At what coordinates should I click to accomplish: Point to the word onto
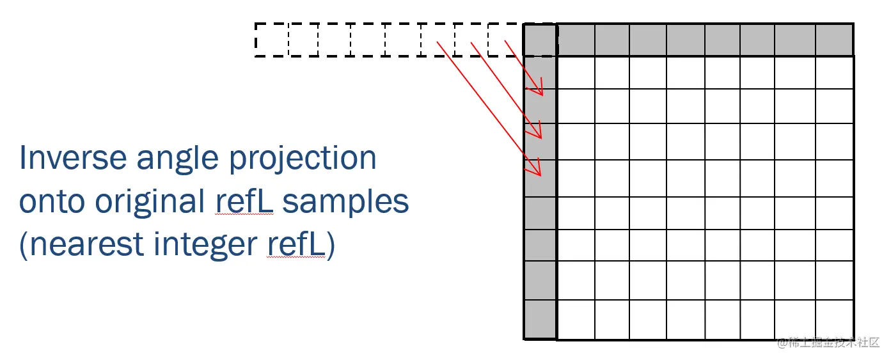pyautogui.click(x=52, y=202)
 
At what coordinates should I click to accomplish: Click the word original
pyautogui.click(x=151, y=202)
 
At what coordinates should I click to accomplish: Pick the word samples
pyautogui.click(x=345, y=202)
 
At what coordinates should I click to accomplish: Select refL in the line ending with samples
pyautogui.click(x=244, y=202)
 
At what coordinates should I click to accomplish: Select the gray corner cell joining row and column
pyautogui.click(x=540, y=40)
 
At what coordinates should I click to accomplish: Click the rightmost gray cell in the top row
pyautogui.click(x=834, y=40)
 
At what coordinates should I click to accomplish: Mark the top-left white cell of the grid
pyautogui.click(x=576, y=72)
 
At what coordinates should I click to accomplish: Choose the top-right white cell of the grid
pyautogui.click(x=834, y=72)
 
